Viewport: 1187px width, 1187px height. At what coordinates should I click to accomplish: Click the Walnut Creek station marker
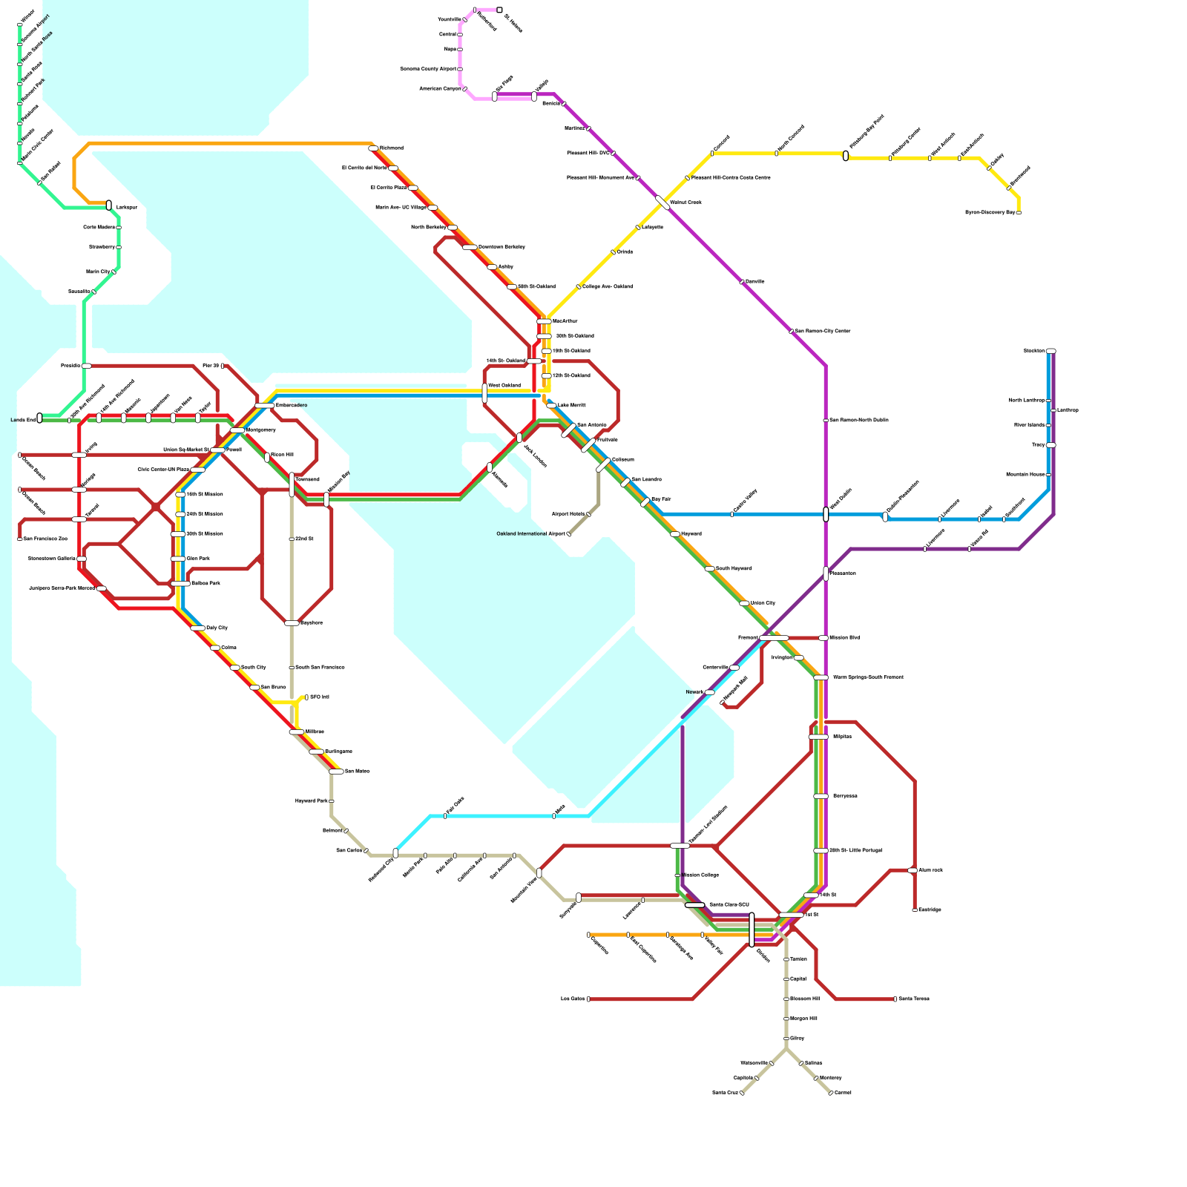[662, 203]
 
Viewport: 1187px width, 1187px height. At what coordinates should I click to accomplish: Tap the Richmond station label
[392, 148]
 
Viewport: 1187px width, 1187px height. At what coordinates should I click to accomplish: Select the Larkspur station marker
[109, 205]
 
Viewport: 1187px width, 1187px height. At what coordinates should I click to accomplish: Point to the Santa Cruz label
[725, 1093]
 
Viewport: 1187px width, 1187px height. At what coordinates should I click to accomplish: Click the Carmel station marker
[831, 1093]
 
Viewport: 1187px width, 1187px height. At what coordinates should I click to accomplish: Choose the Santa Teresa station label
[914, 999]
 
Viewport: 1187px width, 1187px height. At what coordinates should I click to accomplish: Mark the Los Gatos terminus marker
[588, 999]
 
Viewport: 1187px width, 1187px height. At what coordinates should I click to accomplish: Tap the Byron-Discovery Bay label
[990, 213]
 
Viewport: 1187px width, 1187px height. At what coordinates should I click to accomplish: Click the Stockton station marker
[1050, 351]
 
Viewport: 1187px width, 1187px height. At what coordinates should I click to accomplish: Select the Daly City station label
[217, 628]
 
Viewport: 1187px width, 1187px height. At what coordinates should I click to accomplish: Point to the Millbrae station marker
[296, 732]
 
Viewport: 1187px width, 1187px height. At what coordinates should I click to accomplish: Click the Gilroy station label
[798, 1039]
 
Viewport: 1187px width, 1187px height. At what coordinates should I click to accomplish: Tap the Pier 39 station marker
[223, 366]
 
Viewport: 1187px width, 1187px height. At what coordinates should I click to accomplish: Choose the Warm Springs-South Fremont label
[868, 677]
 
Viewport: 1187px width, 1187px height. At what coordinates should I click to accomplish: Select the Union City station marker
[744, 603]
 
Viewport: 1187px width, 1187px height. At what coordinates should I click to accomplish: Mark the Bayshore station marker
[292, 623]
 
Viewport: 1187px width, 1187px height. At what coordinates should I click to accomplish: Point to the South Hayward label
[734, 569]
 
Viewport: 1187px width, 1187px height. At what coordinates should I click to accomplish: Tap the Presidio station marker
[87, 366]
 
